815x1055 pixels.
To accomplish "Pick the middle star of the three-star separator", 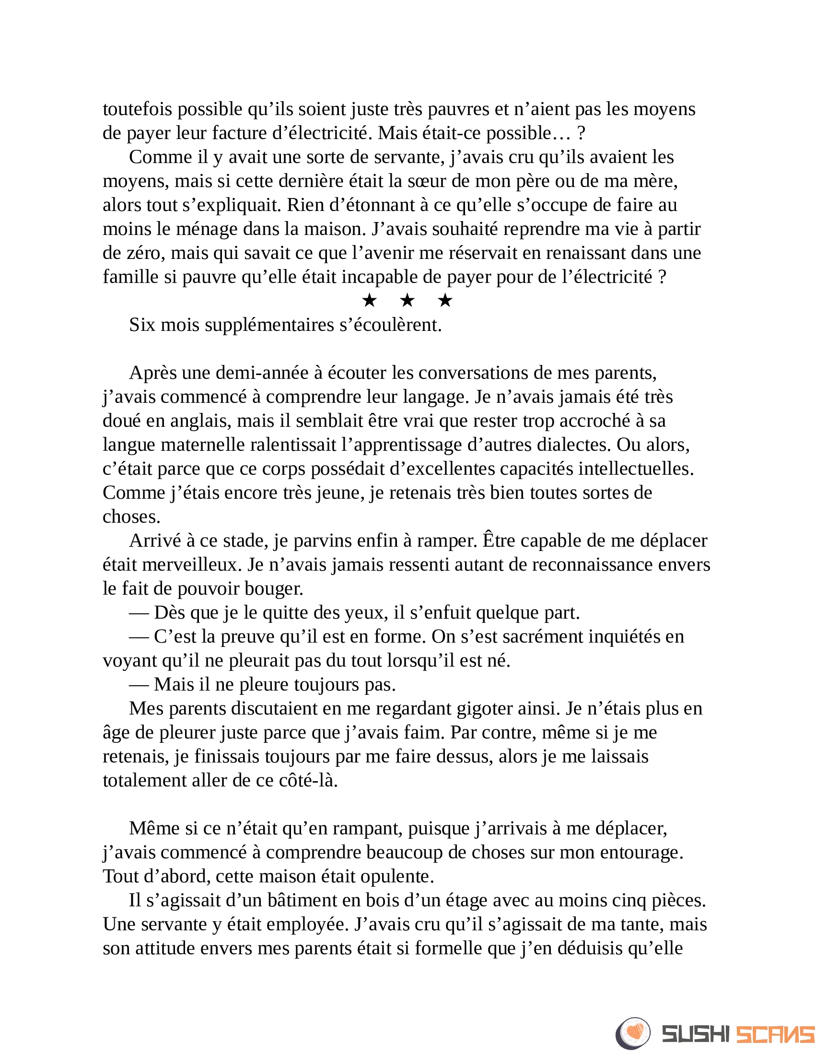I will coord(407,301).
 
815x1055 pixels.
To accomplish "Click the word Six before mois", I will coord(142,325).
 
